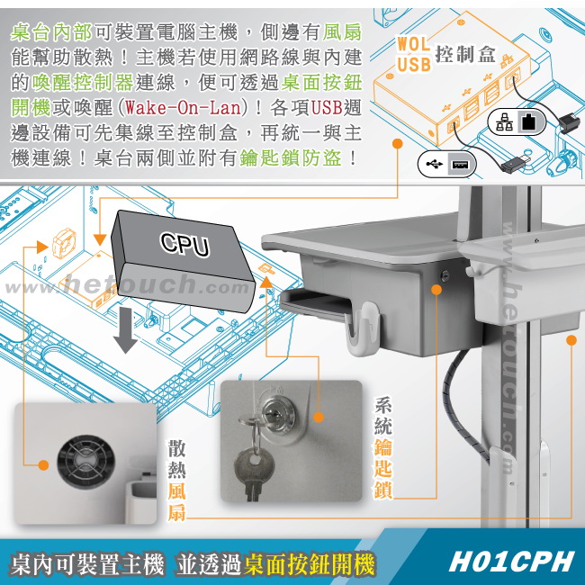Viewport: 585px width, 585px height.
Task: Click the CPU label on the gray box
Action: coord(184,245)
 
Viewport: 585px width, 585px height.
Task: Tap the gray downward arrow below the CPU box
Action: coord(125,330)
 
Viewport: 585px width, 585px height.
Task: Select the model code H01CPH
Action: coord(510,562)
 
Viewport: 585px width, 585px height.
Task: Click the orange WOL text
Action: coord(414,44)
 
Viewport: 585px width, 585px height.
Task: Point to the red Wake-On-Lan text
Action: coord(183,108)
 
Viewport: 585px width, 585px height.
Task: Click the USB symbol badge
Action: coord(447,164)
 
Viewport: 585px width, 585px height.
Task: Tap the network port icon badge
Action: coord(517,121)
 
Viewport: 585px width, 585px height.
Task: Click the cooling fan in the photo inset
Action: coord(85,462)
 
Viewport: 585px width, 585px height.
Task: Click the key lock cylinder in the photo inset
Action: coord(278,413)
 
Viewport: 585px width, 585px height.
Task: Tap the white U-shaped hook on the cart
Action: coord(363,328)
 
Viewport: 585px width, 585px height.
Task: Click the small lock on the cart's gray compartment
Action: coord(445,276)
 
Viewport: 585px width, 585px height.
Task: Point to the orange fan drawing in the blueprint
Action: coord(64,243)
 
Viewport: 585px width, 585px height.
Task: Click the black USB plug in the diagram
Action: coord(516,163)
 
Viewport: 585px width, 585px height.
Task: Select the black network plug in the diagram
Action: coord(569,122)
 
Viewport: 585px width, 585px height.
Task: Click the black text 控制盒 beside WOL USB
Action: coord(465,55)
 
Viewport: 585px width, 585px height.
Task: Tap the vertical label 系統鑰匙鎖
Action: coord(383,447)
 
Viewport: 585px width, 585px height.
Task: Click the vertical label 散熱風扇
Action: coord(176,481)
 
